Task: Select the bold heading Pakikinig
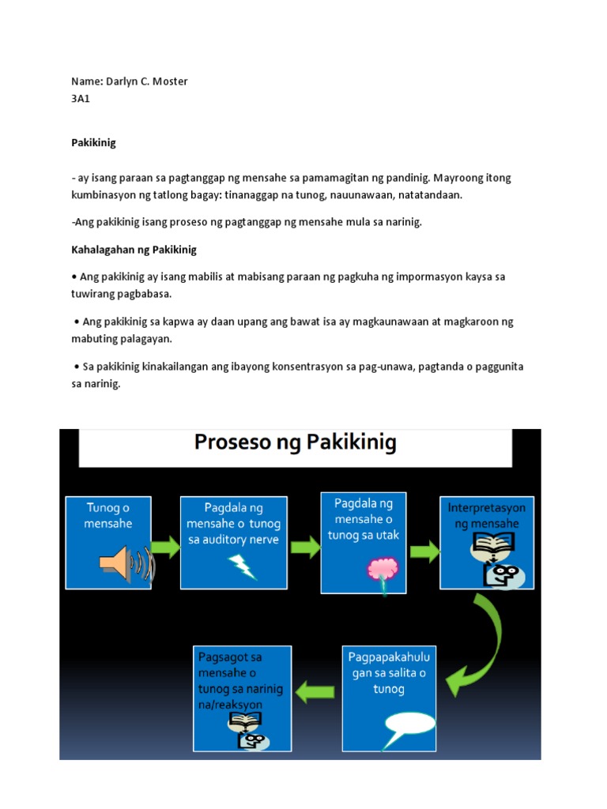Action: pyautogui.click(x=93, y=143)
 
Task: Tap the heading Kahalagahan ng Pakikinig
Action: pyautogui.click(x=134, y=250)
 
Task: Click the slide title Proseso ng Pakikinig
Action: pyautogui.click(x=295, y=443)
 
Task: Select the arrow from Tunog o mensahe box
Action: pyautogui.click(x=165, y=547)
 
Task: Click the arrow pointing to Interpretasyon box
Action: pyautogui.click(x=424, y=551)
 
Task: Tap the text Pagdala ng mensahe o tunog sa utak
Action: pyautogui.click(x=364, y=519)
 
